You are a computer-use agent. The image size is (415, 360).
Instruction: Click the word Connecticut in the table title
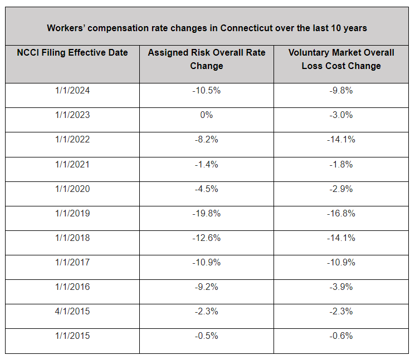point(246,28)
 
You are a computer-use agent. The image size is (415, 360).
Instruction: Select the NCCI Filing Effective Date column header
point(72,52)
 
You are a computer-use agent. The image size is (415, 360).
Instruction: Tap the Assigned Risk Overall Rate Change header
point(207,59)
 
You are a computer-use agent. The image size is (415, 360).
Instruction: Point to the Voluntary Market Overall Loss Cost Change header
point(341,59)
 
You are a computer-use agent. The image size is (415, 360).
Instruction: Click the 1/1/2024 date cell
point(72,90)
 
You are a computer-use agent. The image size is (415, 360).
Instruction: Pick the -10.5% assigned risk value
point(207,90)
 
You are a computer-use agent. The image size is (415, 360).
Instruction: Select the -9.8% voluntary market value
point(341,90)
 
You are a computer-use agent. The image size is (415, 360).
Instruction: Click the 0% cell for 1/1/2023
point(207,115)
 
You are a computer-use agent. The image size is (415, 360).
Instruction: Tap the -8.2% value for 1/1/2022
point(207,139)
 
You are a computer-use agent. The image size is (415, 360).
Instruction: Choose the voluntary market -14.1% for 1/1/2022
point(341,139)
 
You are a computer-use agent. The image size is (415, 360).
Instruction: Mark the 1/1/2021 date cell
point(72,164)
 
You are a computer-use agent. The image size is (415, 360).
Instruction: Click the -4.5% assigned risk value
point(207,189)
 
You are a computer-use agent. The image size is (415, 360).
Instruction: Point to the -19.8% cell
point(207,213)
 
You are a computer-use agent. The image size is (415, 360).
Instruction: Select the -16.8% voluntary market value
point(341,213)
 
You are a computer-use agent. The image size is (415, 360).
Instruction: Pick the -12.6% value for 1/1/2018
point(207,238)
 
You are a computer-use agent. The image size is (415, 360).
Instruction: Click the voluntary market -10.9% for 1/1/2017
point(341,262)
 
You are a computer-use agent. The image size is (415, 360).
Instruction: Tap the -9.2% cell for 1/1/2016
point(207,287)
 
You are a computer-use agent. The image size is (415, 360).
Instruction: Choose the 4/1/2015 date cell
point(72,312)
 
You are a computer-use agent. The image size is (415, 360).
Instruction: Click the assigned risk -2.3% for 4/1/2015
point(207,312)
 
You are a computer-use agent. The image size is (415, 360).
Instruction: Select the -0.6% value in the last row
point(341,336)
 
